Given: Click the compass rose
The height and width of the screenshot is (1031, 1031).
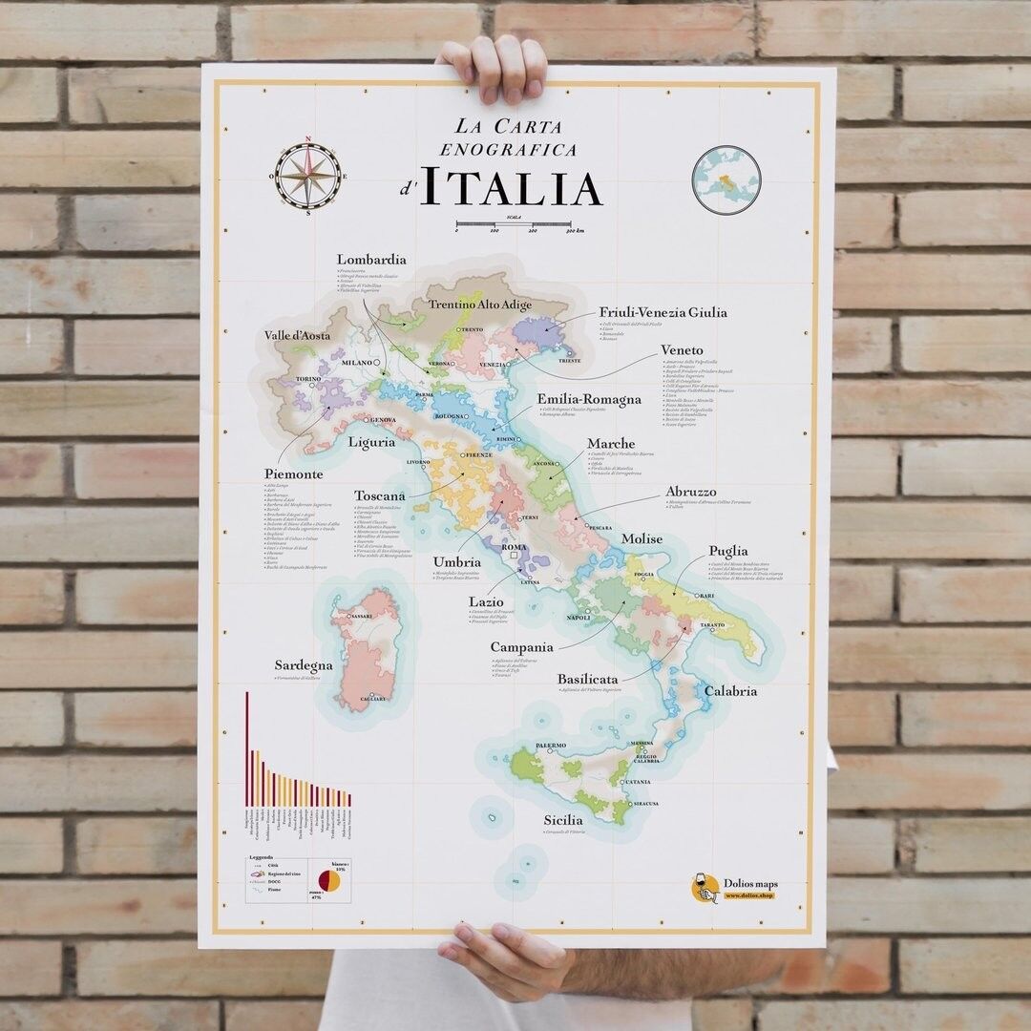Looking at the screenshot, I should pyautogui.click(x=307, y=176).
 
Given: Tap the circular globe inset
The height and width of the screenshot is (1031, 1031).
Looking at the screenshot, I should pyautogui.click(x=726, y=179).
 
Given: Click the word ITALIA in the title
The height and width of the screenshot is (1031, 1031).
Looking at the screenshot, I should pyautogui.click(x=511, y=188).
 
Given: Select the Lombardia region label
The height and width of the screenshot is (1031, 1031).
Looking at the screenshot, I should pyautogui.click(x=371, y=260).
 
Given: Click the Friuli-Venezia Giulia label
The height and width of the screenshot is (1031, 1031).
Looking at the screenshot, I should pyautogui.click(x=663, y=312).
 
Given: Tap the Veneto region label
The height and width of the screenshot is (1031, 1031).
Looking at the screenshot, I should pyautogui.click(x=682, y=350).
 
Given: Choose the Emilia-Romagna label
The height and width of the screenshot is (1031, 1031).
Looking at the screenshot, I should pyautogui.click(x=589, y=400).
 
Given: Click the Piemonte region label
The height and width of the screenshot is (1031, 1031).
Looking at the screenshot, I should pyautogui.click(x=293, y=474).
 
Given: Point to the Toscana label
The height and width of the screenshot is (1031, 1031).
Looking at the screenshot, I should pyautogui.click(x=380, y=496).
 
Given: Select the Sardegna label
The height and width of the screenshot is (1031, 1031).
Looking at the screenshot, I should pyautogui.click(x=304, y=665).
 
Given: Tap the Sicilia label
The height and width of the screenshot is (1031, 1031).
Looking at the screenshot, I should pyautogui.click(x=563, y=820).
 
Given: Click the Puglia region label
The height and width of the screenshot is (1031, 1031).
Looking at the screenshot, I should pyautogui.click(x=727, y=552).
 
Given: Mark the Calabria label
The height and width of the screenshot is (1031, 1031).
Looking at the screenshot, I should pyautogui.click(x=730, y=691).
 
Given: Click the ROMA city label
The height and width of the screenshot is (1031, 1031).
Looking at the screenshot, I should pyautogui.click(x=515, y=548).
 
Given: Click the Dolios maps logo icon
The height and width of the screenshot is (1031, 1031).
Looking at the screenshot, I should pyautogui.click(x=705, y=888).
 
